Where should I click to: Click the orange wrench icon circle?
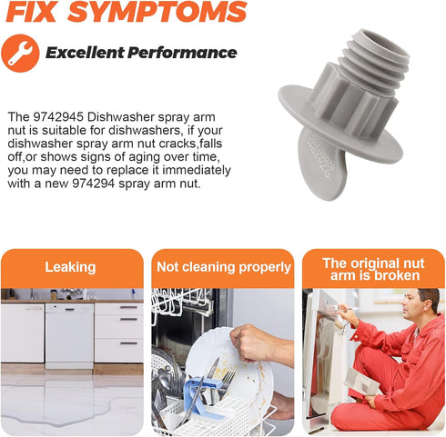coord(20,54)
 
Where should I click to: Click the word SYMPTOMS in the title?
coord(157,12)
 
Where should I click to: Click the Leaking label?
coord(70,267)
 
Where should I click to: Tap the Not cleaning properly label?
coord(224,267)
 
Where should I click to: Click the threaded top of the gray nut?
coord(375,55)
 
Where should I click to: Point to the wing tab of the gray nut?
coord(322,164)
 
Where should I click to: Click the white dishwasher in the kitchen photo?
coord(69,335)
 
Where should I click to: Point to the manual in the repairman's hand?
coord(361,382)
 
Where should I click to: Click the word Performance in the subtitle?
coord(182,53)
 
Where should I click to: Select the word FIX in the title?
coord(31,12)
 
